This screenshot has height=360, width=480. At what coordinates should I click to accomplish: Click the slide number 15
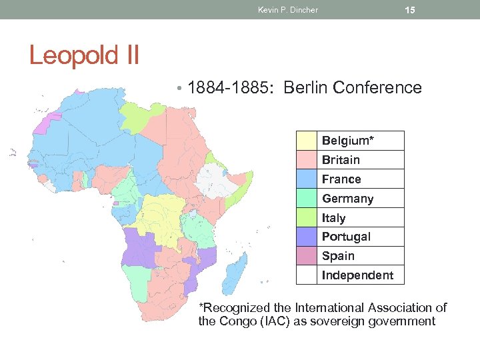tap(410, 10)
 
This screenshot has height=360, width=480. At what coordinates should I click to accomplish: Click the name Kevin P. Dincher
tap(287, 10)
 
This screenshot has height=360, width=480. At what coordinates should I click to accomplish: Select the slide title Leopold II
tap(84, 55)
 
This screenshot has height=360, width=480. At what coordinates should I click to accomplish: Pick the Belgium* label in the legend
tap(347, 141)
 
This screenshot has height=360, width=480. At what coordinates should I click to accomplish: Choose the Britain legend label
tap(341, 160)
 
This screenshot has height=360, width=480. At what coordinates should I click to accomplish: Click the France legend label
tap(341, 179)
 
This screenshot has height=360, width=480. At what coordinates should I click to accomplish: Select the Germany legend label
tap(347, 199)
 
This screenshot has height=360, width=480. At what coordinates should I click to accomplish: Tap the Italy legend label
tap(333, 218)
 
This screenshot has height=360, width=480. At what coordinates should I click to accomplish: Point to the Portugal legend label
tap(346, 237)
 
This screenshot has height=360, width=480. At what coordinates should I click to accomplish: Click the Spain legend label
tap(338, 256)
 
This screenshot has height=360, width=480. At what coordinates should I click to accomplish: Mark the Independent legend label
tap(357, 275)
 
